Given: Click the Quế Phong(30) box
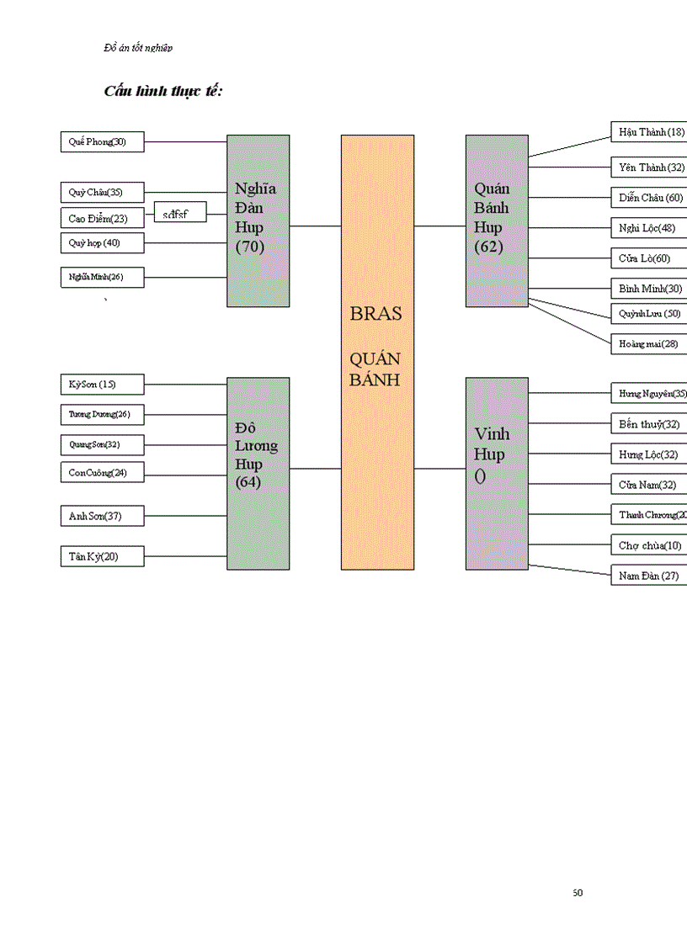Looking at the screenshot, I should tap(102, 142).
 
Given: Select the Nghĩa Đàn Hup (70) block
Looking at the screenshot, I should tap(258, 220).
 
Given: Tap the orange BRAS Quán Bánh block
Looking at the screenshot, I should tap(376, 352).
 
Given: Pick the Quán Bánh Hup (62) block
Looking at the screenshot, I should tap(497, 220).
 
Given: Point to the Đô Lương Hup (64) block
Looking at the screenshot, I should tap(258, 473).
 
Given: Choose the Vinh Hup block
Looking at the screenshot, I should tap(497, 473).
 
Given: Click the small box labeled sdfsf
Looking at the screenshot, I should tap(180, 214).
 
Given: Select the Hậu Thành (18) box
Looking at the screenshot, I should tap(648, 132).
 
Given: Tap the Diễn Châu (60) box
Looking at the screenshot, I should tap(648, 198).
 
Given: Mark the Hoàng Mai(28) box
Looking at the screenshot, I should tap(648, 343).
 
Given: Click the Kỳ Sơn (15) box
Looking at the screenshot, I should tap(102, 385).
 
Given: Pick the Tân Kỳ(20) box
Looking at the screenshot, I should tap(102, 556).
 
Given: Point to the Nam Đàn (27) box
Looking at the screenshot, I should tap(648, 576).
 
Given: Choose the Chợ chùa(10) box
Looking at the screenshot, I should tap(648, 545).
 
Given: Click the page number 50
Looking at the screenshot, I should tap(577, 893).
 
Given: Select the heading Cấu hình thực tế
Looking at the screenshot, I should tap(163, 91).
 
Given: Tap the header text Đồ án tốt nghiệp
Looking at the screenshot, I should tap(138, 48).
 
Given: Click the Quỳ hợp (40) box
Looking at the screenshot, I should tap(102, 243).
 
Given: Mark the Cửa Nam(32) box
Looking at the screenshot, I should tap(648, 485).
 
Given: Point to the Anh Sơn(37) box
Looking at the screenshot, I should tap(102, 516).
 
